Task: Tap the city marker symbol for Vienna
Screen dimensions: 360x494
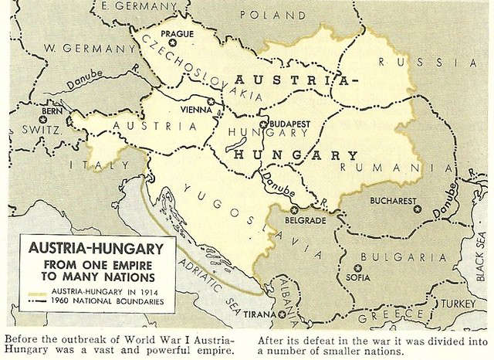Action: (x=211, y=100)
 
